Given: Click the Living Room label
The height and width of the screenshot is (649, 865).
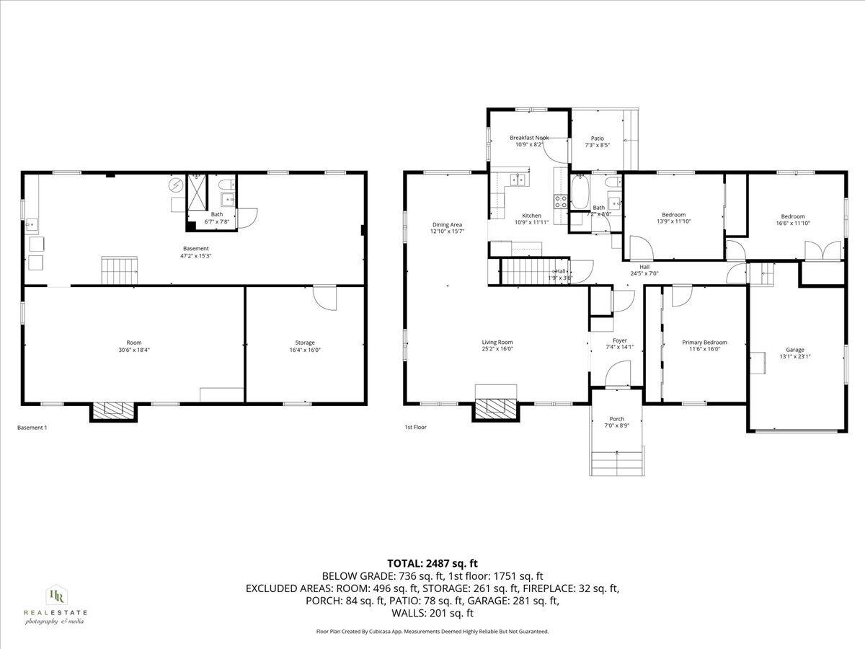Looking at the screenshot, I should click(x=497, y=342).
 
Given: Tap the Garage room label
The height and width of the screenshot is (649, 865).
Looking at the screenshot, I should click(x=795, y=349).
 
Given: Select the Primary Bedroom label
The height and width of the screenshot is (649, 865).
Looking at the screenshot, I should click(x=704, y=342).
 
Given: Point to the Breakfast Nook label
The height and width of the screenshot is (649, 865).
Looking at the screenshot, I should click(x=529, y=138).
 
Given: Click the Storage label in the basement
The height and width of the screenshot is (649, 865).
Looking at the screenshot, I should click(x=304, y=343).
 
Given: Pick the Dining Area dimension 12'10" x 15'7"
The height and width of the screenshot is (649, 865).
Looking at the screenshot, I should click(x=447, y=231).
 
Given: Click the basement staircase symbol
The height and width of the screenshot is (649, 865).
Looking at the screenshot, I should click(x=119, y=270).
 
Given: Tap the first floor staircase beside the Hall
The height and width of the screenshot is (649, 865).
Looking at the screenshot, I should click(x=525, y=272).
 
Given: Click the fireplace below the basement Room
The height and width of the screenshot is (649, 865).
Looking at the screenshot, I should click(x=113, y=410).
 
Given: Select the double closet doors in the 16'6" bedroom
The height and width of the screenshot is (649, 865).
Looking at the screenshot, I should click(x=823, y=250).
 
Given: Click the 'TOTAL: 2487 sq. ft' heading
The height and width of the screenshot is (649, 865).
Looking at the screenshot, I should click(x=432, y=563).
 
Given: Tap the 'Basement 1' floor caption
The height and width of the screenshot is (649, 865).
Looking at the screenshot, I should click(x=32, y=428).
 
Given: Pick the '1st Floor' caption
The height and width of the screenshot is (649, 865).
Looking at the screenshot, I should click(x=415, y=428).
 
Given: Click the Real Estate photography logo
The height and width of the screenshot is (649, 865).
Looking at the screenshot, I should click(x=56, y=604).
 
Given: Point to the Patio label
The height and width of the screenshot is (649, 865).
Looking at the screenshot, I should click(x=598, y=138).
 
